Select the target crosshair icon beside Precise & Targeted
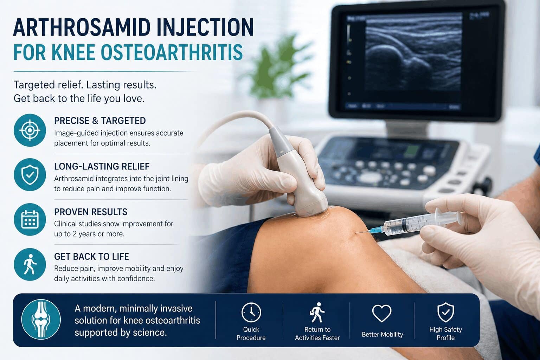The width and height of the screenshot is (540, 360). (30, 130)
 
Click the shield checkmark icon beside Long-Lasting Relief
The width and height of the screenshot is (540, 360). (30, 175)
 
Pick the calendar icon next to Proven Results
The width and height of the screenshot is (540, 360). (30, 219)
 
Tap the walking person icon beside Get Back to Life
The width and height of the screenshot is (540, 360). (30, 264)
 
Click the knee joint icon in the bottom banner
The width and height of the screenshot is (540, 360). (41, 319)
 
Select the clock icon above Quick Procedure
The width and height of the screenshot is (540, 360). (251, 312)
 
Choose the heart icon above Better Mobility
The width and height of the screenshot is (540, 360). (382, 313)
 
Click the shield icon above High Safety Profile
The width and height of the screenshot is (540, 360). (445, 312)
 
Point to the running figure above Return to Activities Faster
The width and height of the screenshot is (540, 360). (317, 312)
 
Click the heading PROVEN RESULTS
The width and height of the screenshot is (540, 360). (91, 212)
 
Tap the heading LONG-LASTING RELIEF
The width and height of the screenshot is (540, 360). (102, 166)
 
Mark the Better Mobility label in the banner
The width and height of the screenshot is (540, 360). (382, 334)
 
